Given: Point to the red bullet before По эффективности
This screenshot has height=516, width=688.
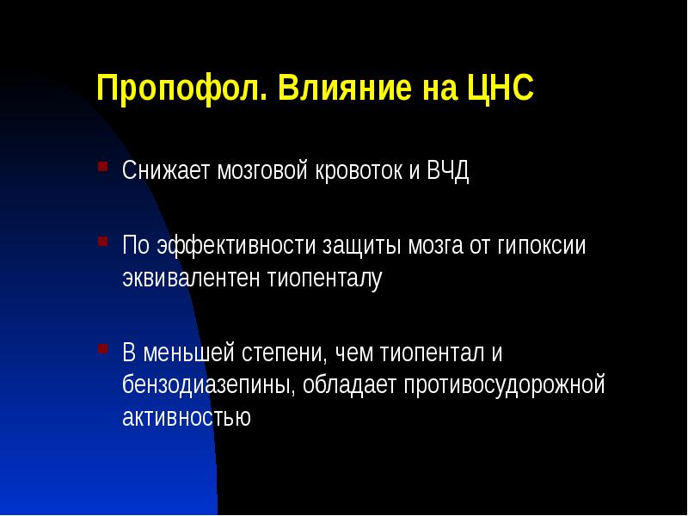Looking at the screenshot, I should tap(102, 239).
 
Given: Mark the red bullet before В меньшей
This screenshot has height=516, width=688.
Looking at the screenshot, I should tap(102, 348).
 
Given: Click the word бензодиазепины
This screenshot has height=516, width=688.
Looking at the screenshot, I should tap(210, 386).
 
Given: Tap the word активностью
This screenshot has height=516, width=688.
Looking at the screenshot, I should tap(186, 419).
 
